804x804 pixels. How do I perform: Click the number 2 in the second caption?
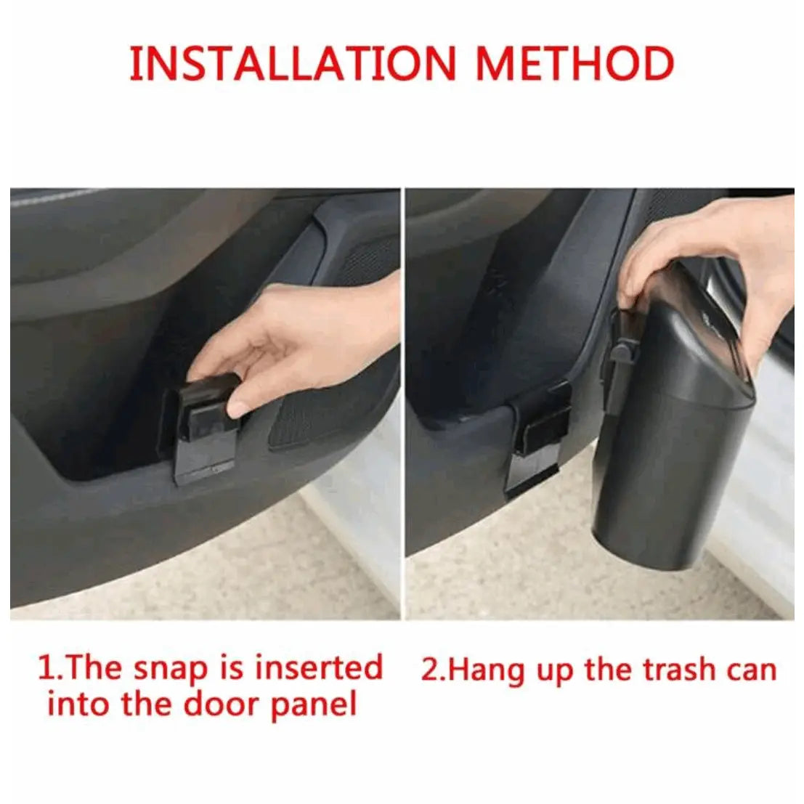pos(429,669)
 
